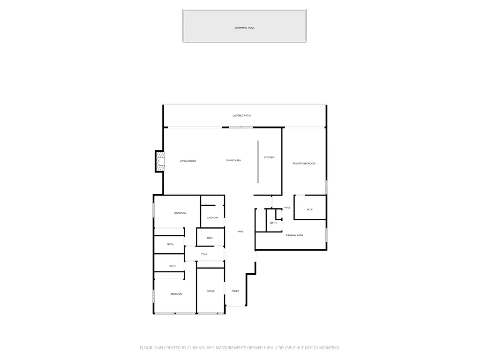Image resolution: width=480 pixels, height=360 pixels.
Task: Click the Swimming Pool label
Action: click(244, 28)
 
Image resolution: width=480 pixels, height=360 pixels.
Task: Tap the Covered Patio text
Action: click(241, 116)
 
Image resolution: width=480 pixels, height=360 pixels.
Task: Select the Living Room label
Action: click(188, 161)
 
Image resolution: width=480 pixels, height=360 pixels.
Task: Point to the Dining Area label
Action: click(233, 160)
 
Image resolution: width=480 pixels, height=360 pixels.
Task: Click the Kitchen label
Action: click(270, 157)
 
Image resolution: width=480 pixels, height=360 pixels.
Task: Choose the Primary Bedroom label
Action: click(304, 164)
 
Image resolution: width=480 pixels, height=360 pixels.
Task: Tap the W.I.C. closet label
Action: click(310, 210)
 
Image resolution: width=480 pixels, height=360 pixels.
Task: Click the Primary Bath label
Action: click(294, 235)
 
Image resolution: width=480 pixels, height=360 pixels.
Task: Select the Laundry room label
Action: click(213, 217)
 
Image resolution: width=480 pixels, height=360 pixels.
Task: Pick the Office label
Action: click(210, 291)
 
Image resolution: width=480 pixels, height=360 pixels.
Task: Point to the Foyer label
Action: click(235, 291)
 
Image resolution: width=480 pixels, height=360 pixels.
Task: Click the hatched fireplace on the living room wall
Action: click(160, 161)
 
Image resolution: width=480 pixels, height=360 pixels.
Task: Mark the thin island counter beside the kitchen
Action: click(258, 162)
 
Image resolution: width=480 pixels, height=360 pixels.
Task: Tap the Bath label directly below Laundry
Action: click(210, 238)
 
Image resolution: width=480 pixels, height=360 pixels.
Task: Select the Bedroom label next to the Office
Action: click(176, 294)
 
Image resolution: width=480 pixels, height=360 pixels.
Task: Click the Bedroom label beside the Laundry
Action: click(180, 213)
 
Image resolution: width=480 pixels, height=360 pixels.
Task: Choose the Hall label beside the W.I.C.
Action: click(287, 208)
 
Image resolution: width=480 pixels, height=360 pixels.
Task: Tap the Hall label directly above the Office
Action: click(204, 254)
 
